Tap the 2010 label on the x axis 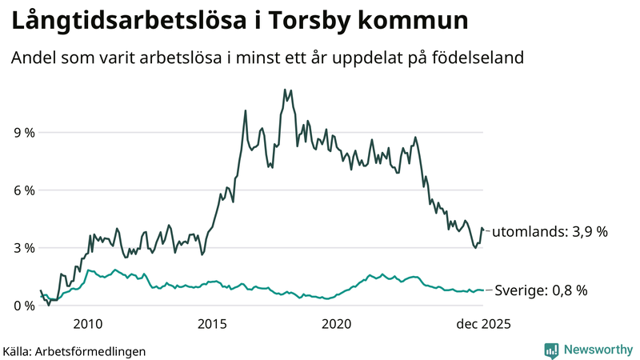pyautogui.click(x=87, y=324)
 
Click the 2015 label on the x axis pyautogui.click(x=212, y=324)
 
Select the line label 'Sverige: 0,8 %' pyautogui.click(x=541, y=290)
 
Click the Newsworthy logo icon pyautogui.click(x=551, y=350)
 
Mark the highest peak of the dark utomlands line pyautogui.click(x=285, y=90)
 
